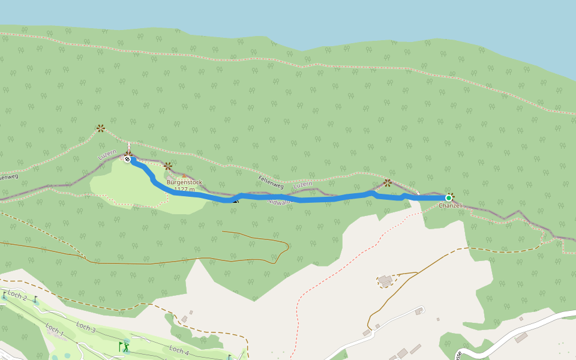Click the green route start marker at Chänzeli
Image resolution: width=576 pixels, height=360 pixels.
coord(448,198)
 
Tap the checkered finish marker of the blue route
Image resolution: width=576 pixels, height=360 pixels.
coord(127,159)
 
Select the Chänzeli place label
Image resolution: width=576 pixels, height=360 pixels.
coord(451,206)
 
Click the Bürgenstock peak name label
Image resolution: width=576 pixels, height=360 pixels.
coord(184,182)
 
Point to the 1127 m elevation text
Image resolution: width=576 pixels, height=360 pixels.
coord(185,190)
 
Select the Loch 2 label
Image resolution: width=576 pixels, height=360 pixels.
coord(17,296)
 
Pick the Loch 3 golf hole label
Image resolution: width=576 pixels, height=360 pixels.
coord(86,327)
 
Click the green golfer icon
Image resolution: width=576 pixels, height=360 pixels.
coord(125,346)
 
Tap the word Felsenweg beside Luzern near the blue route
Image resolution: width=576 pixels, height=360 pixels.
coord(270,179)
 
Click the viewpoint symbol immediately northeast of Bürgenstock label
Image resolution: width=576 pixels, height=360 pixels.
coord(168,166)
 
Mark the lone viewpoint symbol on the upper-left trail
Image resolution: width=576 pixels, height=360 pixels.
coord(101,128)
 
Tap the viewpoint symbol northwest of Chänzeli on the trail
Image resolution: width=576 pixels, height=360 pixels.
coord(388,182)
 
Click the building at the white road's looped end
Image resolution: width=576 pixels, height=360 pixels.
coord(418,311)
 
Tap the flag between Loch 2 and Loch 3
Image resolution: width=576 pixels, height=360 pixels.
coord(35,299)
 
